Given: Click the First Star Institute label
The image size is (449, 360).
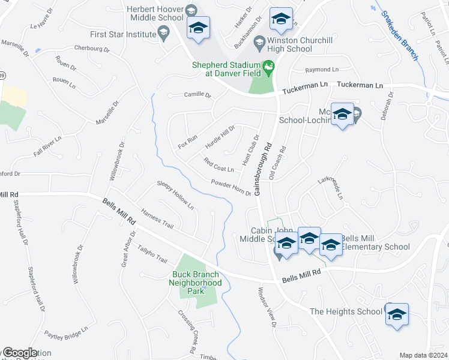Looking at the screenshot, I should click(x=122, y=34).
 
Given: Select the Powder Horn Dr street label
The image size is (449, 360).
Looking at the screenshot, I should click(x=231, y=187).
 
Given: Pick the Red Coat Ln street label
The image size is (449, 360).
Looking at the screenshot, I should click(x=218, y=163).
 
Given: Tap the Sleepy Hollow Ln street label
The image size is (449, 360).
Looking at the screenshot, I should click(x=175, y=195).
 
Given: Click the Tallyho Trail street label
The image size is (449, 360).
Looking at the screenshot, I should click(x=152, y=253).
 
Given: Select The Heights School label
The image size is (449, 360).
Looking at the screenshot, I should click(x=345, y=311).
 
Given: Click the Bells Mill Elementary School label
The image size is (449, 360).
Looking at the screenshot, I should click(x=375, y=243).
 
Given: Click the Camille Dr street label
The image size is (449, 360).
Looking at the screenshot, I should click(x=197, y=95).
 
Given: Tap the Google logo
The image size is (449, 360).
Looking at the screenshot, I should click(x=20, y=353).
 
